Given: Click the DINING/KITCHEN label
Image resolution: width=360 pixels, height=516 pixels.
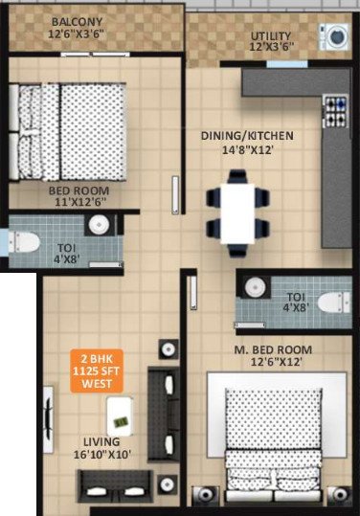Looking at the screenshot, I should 247,135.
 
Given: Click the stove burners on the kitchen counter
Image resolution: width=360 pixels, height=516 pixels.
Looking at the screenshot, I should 336,111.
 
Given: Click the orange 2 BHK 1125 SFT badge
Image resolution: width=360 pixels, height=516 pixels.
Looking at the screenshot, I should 97,370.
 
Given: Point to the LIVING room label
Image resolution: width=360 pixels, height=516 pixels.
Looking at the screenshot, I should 101,441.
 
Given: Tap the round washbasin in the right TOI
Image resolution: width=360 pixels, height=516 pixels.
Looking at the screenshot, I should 254,287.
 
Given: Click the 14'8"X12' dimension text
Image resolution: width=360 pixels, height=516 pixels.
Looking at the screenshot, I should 248,150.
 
